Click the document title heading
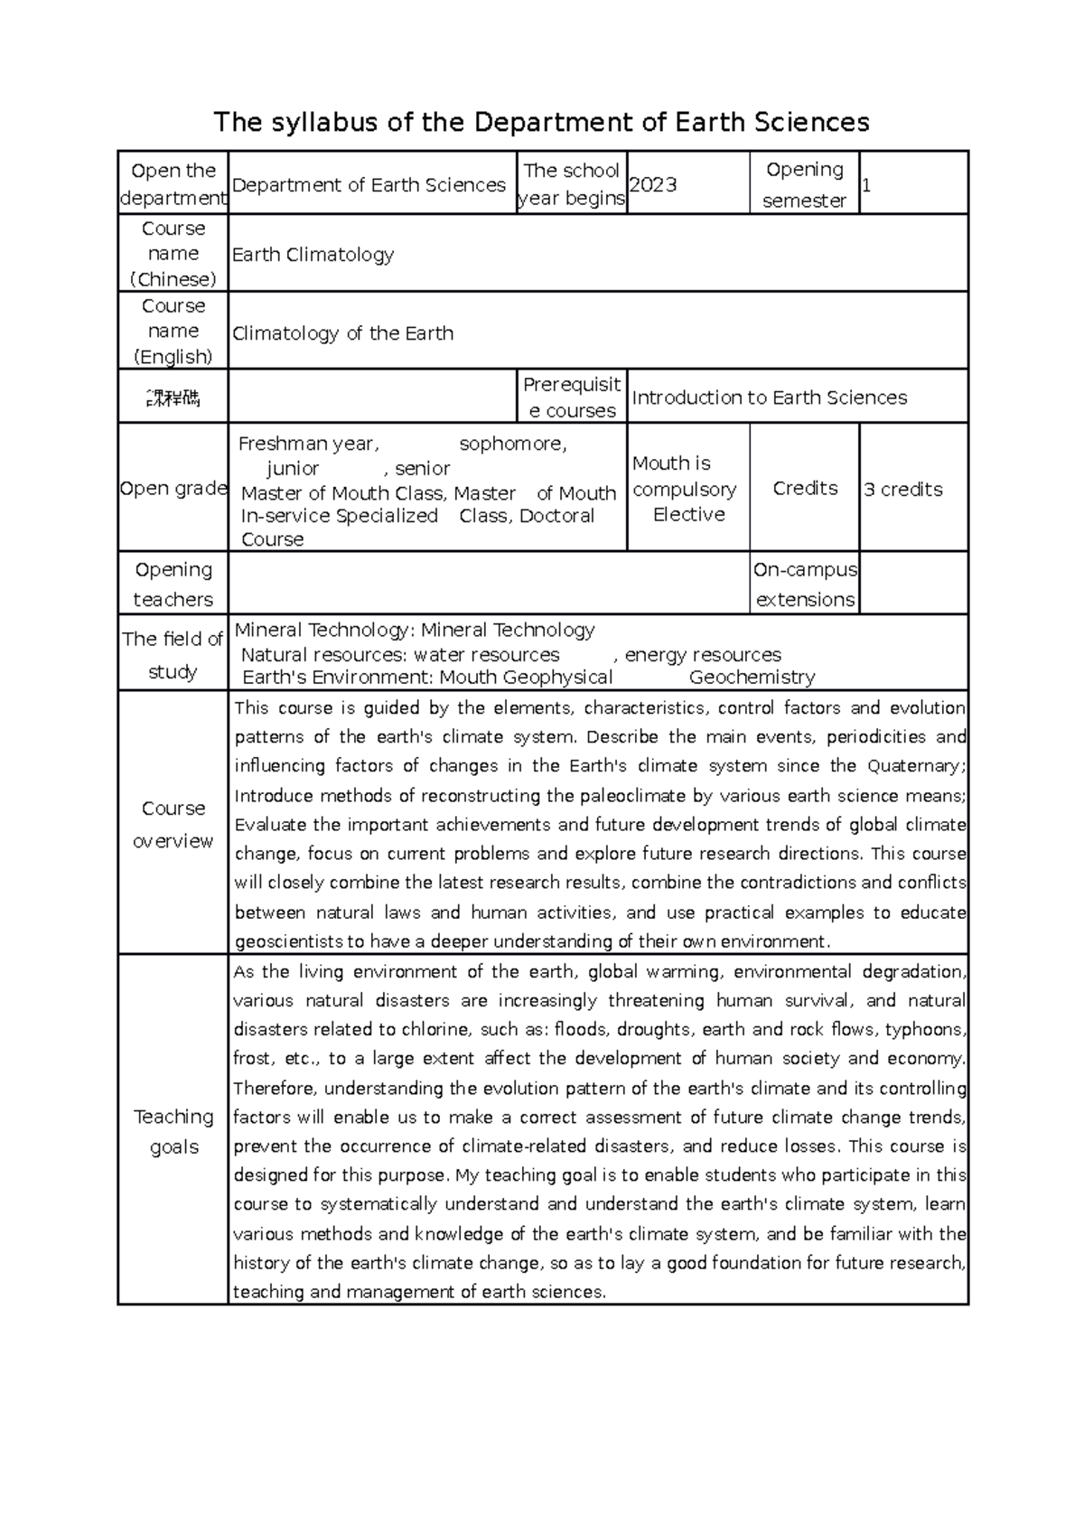coord(541,122)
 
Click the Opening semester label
coord(804,184)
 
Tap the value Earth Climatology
coord(313,255)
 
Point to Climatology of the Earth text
coord(343,332)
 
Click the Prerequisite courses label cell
coord(572,398)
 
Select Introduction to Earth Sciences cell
coord(770,398)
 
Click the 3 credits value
coord(903,490)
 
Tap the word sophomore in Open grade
coord(512,444)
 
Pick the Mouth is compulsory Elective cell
coord(687,489)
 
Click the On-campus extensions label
coord(804,585)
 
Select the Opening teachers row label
coord(173,585)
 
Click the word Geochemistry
coord(752,678)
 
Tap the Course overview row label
coord(173,824)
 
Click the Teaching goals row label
coord(173,1131)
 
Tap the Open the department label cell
coord(173,184)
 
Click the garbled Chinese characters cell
coord(173,398)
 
